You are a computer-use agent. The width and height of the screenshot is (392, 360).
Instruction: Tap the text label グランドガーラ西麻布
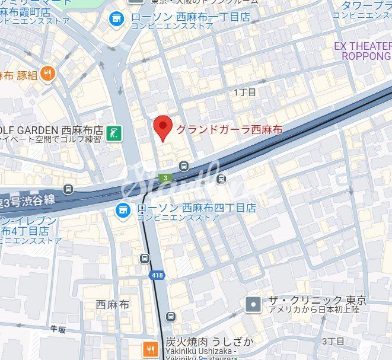(230, 129)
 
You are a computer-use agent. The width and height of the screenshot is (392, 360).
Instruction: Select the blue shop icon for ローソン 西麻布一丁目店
(116, 19)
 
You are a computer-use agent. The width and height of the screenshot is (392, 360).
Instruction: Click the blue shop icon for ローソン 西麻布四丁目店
(123, 209)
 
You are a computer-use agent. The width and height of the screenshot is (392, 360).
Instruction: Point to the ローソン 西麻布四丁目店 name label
(196, 208)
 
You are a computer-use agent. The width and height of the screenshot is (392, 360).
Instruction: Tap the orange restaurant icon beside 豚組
(48, 74)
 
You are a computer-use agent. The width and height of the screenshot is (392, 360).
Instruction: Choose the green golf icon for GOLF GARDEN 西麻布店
(116, 133)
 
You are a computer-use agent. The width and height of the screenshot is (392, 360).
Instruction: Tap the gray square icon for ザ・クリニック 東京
(253, 304)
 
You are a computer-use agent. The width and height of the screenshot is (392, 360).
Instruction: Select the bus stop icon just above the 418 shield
(145, 258)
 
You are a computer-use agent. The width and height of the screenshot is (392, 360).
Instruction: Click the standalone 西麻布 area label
(112, 304)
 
